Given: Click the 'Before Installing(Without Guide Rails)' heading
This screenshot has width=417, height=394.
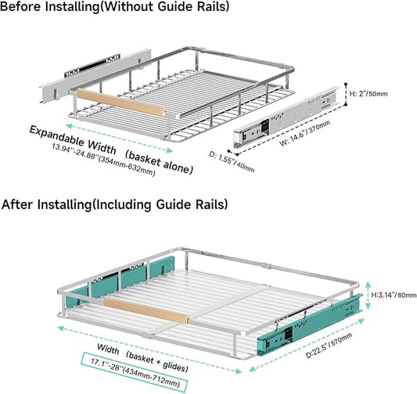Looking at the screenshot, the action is [x=115, y=6].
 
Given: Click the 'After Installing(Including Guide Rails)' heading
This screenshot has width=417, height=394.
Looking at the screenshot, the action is [x=115, y=204].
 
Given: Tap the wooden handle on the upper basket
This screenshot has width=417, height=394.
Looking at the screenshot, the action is [x=121, y=103].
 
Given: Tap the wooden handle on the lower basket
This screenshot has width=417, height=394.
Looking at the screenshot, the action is [x=146, y=310].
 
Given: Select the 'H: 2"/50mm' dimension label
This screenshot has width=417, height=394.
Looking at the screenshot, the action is [x=368, y=94].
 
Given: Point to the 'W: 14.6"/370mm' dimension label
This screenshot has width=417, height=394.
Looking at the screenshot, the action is [x=305, y=133].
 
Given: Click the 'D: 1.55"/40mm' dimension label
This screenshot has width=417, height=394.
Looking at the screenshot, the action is [x=232, y=161].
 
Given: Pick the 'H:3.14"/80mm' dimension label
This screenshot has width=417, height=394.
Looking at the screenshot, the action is [x=394, y=295].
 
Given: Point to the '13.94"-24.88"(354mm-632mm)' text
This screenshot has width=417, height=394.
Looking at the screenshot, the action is [x=103, y=160].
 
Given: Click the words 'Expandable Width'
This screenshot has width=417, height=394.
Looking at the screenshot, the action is [x=73, y=140].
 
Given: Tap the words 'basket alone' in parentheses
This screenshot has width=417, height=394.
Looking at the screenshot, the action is [x=159, y=162].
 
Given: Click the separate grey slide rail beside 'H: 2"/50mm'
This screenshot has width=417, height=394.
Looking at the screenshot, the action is [x=286, y=117].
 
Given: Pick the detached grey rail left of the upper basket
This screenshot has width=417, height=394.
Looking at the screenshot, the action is [x=95, y=76].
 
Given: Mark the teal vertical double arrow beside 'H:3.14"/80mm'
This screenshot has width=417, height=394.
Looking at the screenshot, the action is [x=368, y=295].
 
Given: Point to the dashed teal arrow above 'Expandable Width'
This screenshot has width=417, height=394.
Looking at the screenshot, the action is [x=120, y=138].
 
